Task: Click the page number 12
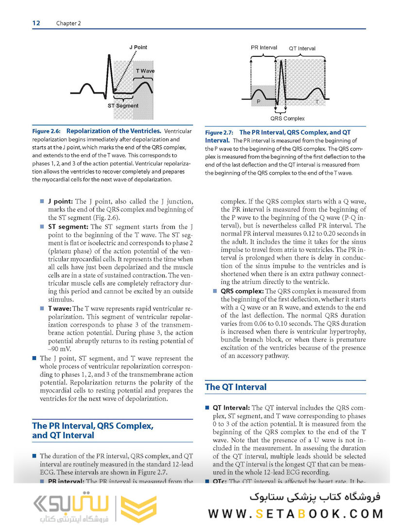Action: [36, 23]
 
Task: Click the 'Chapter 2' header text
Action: [68, 23]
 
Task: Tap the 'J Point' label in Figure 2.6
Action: [138, 47]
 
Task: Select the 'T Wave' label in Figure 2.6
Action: [145, 71]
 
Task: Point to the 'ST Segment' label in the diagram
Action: [123, 105]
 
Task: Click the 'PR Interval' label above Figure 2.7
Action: [264, 48]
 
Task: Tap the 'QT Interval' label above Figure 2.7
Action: [302, 48]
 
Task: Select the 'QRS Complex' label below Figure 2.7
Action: [287, 118]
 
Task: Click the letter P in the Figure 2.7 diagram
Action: [258, 102]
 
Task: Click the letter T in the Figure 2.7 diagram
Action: [317, 102]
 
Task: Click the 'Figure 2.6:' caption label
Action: [47, 131]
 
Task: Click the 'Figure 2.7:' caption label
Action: [219, 132]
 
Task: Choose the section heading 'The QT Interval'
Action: [236, 387]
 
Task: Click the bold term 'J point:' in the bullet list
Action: [61, 201]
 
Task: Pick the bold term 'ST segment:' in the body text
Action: [68, 227]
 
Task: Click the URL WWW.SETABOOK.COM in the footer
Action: [296, 513]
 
